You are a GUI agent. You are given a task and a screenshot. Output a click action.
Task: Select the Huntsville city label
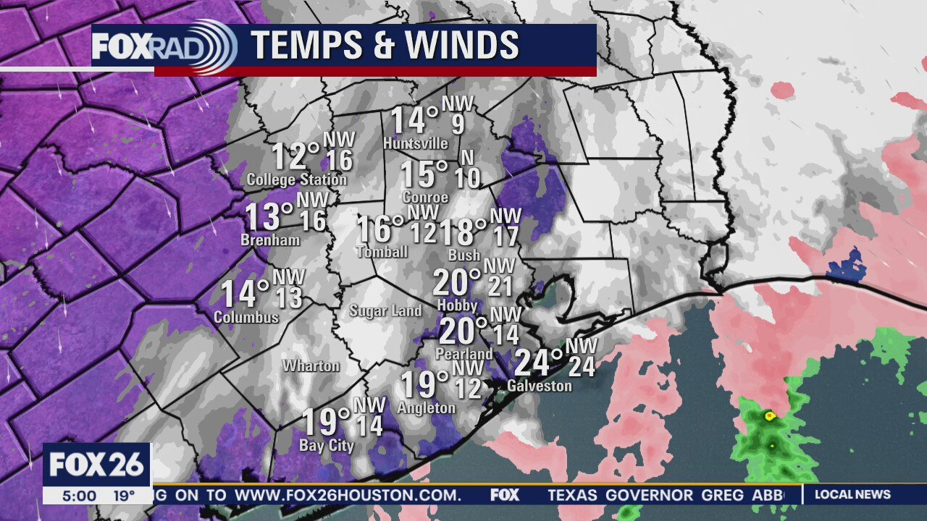point(416,143)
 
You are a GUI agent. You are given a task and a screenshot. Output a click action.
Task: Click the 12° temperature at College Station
point(295,156)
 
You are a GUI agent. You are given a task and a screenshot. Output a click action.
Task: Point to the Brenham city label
point(270,240)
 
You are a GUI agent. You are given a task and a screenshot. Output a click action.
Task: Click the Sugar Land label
point(385,311)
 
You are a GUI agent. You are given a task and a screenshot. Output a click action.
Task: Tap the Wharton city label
point(311,365)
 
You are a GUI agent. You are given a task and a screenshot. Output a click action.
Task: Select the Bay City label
point(326,446)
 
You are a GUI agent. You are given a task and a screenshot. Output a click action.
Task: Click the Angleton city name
point(426,408)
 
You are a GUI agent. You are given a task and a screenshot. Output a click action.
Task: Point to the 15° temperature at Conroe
point(424,174)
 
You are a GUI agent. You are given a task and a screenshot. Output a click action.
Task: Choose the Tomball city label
point(382,252)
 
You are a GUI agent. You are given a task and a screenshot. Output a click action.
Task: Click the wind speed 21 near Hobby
point(500,287)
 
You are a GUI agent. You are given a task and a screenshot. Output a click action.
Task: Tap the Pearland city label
point(463,354)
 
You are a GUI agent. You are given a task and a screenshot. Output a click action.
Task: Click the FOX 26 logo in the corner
point(97,465)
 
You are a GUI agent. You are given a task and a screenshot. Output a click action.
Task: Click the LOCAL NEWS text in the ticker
point(852,495)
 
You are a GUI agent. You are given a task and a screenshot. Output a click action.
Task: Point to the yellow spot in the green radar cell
point(769,415)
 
